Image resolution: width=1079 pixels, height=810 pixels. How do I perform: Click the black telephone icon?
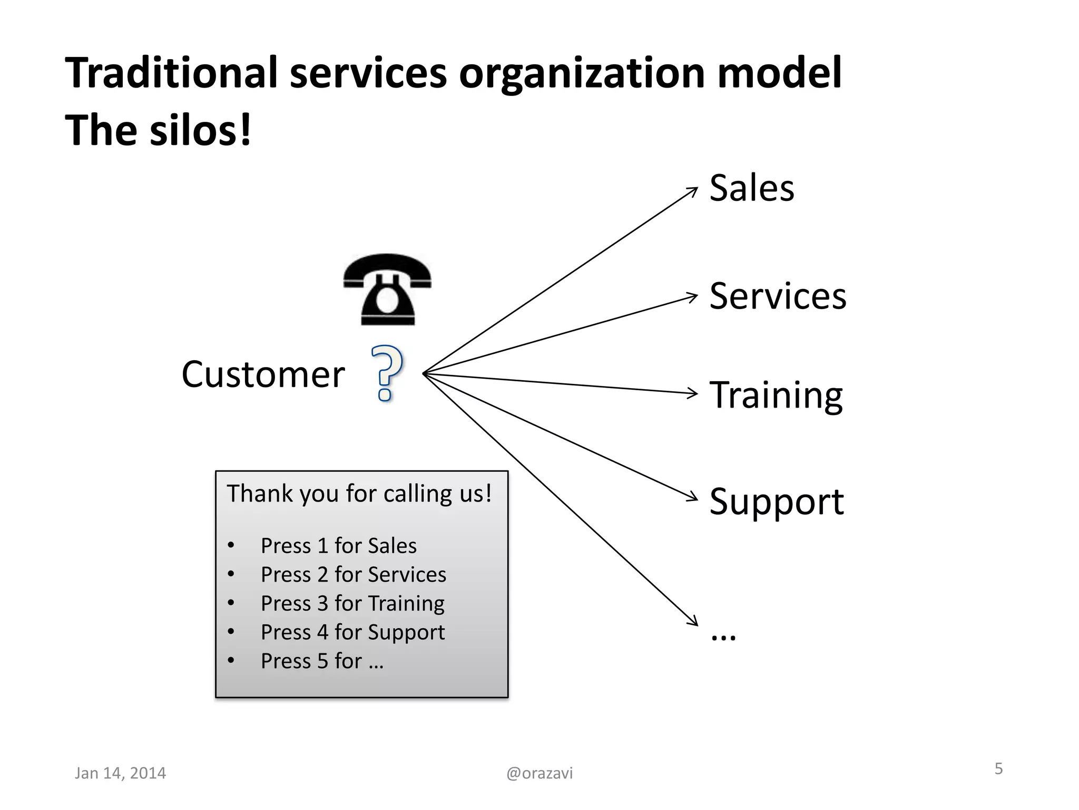pos(387,290)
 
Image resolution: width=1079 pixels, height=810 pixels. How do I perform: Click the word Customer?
pos(263,374)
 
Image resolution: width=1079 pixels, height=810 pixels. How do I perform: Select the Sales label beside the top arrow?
pos(751,188)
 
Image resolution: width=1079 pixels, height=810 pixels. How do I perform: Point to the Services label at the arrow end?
pos(778,296)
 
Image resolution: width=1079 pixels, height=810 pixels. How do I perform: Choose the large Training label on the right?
pos(776,396)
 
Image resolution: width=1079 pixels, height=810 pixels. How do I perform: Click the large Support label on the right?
pos(776,501)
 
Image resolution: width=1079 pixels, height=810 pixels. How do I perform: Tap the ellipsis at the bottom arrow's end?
pos(723,636)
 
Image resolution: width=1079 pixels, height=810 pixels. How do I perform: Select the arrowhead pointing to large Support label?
pos(693,496)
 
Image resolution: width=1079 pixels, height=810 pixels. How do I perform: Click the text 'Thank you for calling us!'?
pos(359,494)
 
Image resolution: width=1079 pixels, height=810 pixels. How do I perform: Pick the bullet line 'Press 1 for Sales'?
pos(338,546)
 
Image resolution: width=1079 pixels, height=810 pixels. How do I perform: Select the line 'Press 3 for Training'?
pos(352,603)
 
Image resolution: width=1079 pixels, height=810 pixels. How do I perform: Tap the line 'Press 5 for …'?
pos(322,661)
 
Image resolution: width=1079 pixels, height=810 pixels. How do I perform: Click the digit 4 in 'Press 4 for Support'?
pos(322,632)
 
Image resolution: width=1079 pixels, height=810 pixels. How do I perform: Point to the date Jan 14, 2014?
pos(120,773)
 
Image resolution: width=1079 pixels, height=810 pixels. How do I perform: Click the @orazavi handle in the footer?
pos(539,773)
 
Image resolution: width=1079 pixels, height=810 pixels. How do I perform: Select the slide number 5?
pos(998,769)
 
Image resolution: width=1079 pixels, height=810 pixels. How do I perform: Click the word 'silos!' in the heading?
pos(200,131)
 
